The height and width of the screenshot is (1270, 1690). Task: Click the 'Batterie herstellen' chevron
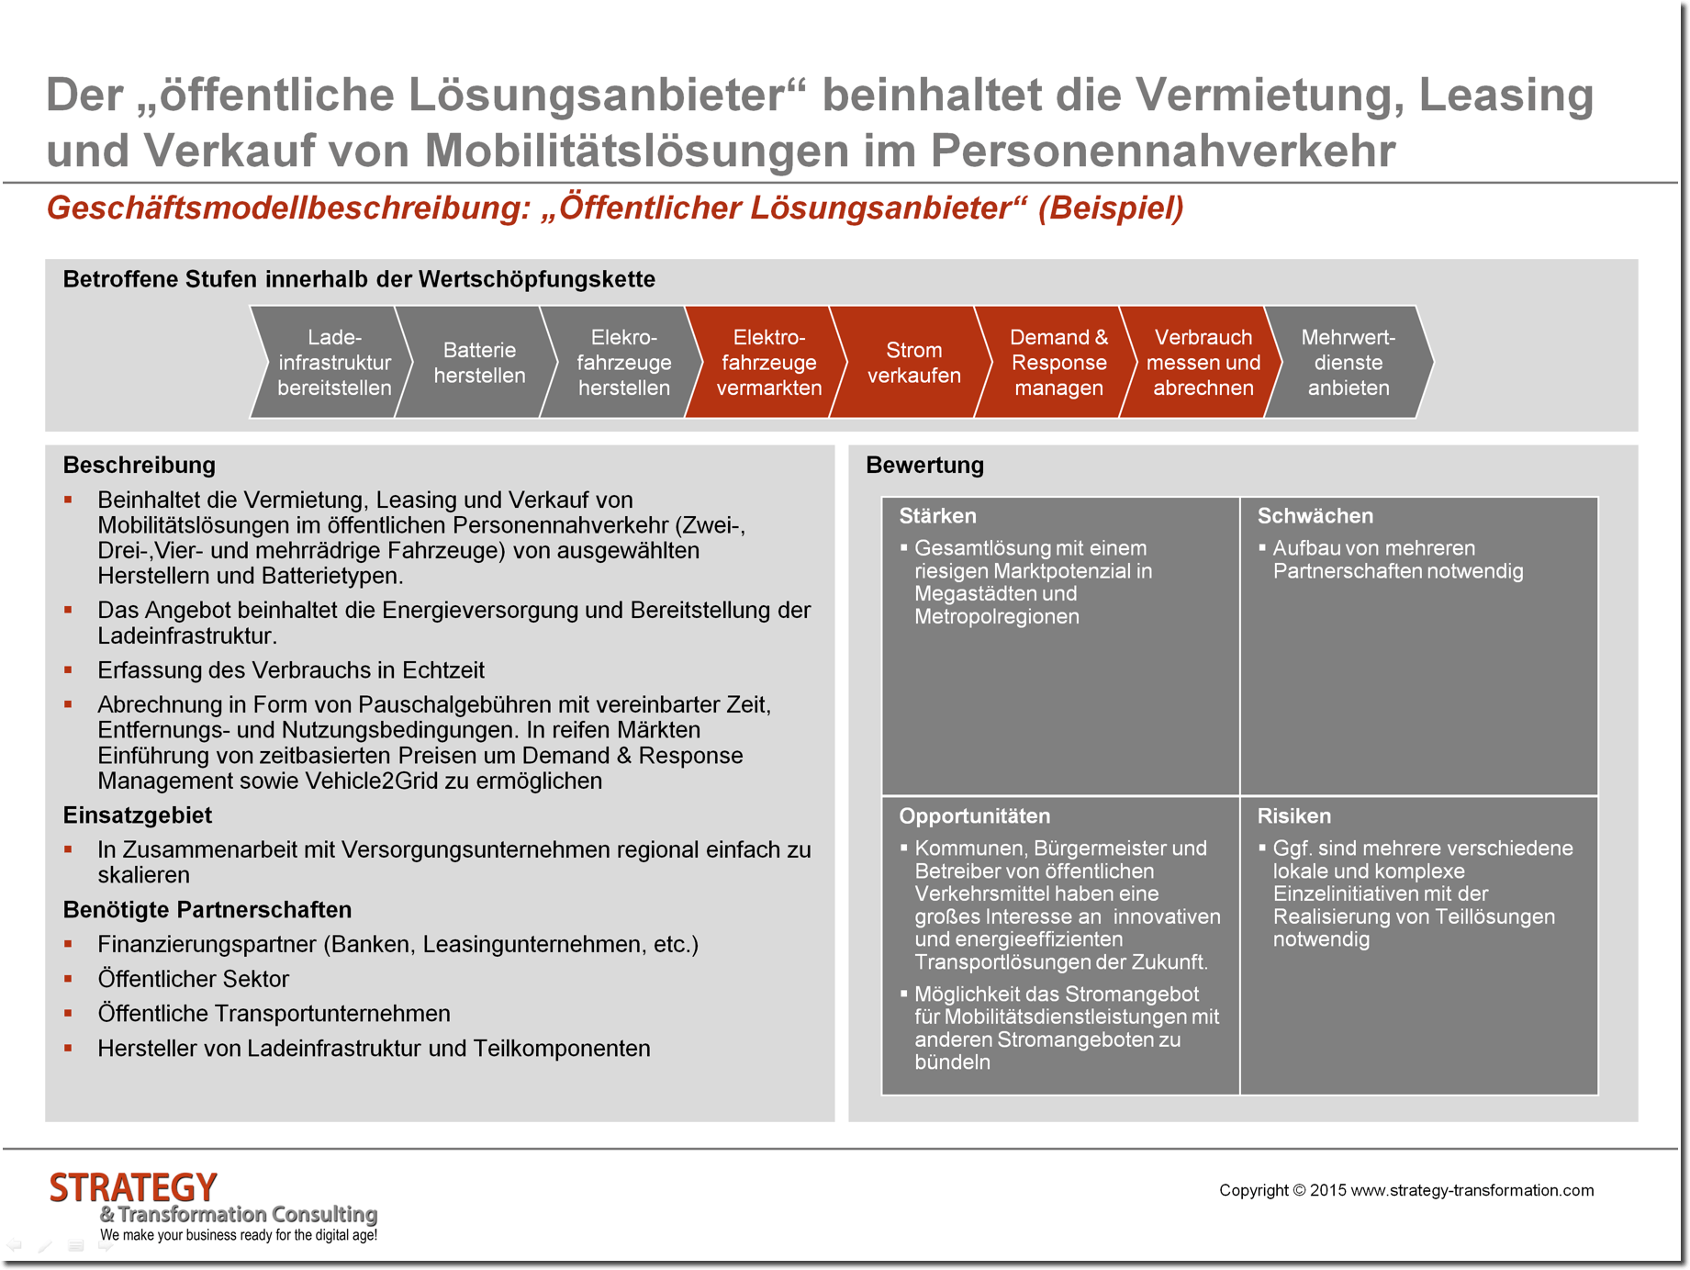[x=479, y=363]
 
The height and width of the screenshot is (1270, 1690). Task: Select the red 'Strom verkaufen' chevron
[x=913, y=363]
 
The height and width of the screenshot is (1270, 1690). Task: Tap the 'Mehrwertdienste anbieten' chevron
[x=1348, y=363]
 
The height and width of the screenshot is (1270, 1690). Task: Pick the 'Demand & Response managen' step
[x=1058, y=363]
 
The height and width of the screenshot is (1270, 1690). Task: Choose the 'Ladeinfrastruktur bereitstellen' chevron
[x=334, y=363]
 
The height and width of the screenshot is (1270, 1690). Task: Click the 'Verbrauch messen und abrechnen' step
[x=1203, y=363]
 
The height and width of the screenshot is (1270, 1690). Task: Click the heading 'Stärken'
[x=937, y=516]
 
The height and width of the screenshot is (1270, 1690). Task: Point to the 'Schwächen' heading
[x=1315, y=516]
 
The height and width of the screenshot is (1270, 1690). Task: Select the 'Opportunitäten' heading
[x=974, y=816]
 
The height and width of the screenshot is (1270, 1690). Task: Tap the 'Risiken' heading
[x=1293, y=816]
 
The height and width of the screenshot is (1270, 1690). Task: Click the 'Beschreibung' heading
[x=139, y=466]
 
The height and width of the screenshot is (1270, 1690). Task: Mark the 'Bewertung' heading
[x=924, y=466]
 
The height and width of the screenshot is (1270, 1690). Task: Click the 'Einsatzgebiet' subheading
[x=137, y=815]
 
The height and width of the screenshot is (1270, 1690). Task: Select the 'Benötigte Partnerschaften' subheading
[x=207, y=910]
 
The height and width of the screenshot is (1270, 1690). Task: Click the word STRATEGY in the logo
[x=133, y=1188]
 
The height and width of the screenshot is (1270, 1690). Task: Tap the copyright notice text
[x=1405, y=1191]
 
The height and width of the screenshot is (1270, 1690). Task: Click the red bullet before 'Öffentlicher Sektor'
[x=68, y=979]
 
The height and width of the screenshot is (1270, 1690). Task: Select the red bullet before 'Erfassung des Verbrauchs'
[x=68, y=670]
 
